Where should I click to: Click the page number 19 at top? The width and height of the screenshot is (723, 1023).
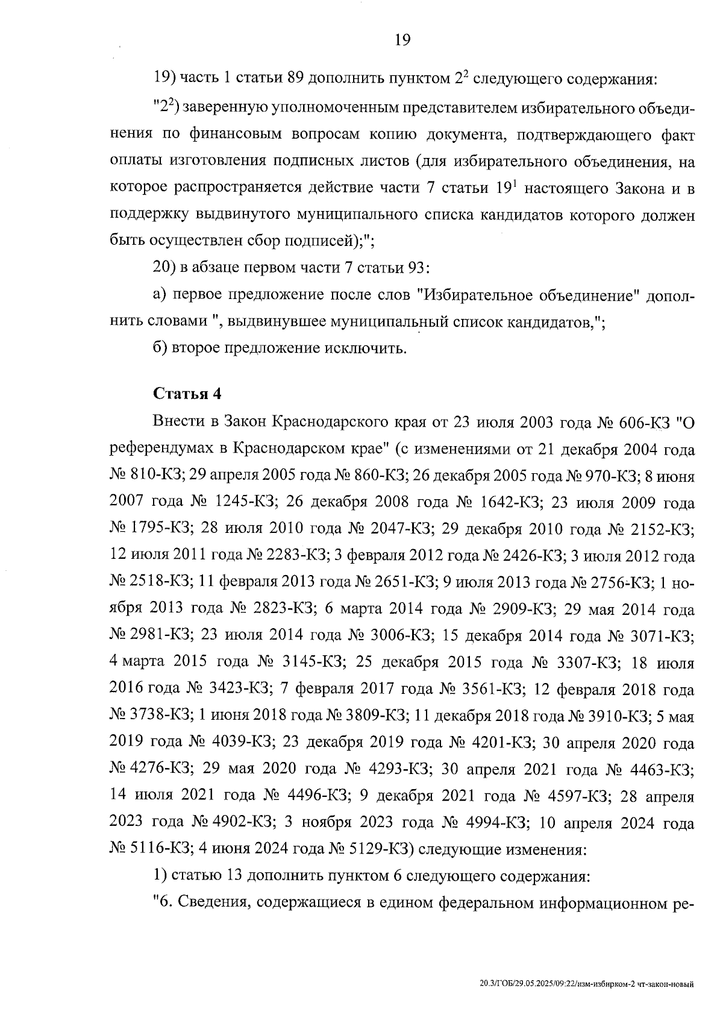point(402,40)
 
